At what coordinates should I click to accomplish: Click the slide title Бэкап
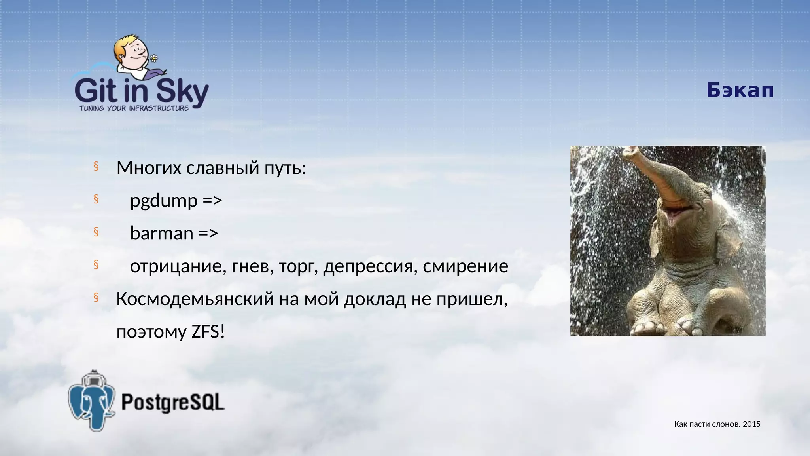(740, 91)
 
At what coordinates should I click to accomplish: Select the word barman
(161, 233)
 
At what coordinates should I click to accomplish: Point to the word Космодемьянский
(195, 299)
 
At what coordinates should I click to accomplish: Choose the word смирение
(465, 266)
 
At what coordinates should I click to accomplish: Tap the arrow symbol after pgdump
(212, 201)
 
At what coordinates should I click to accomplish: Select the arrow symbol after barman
(208, 233)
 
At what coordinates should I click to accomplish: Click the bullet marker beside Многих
(96, 167)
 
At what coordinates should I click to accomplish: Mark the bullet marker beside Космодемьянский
(96, 297)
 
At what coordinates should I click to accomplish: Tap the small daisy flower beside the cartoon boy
(154, 59)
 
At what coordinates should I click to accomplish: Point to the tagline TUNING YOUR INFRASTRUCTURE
(134, 108)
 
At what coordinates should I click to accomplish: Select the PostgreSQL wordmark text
(173, 402)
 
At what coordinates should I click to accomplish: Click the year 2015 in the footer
(751, 424)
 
